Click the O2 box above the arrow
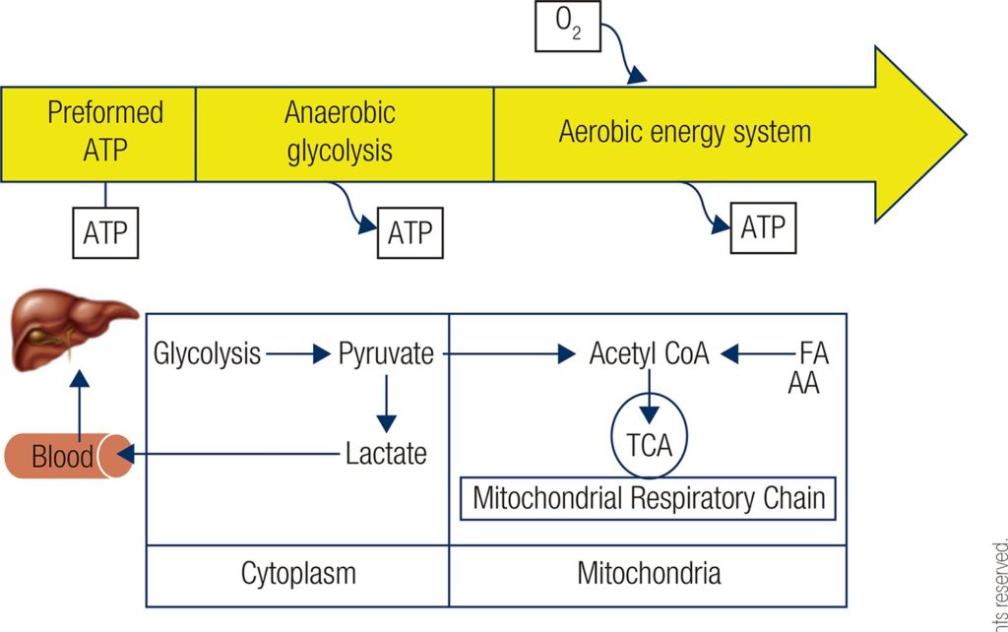coord(568,27)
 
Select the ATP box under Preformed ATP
coord(105,232)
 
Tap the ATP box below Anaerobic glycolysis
coord(410,233)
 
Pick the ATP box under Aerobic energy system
coord(762,228)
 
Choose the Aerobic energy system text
coord(685,132)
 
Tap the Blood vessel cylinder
coord(67,456)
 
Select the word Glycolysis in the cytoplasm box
coord(208,353)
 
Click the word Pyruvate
coord(386,353)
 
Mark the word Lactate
coord(386,454)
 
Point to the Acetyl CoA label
coord(649,353)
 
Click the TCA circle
coord(649,444)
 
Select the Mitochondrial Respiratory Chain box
coord(649,498)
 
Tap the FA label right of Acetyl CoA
coord(813,353)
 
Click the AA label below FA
coord(803,384)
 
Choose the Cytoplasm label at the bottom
coord(298,572)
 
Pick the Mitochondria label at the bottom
coord(649,572)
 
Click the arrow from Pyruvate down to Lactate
coord(386,403)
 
